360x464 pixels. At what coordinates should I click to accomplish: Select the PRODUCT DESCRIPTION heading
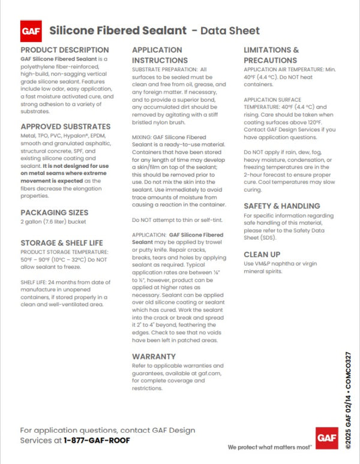pyautogui.click(x=65, y=50)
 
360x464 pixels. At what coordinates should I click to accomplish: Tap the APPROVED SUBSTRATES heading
pyautogui.click(x=65, y=127)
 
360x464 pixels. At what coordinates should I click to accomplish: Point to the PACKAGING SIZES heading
pyautogui.click(x=54, y=213)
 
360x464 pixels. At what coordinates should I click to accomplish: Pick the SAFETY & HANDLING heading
pyautogui.click(x=285, y=206)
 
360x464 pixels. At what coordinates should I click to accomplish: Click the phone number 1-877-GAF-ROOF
pyautogui.click(x=97, y=440)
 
